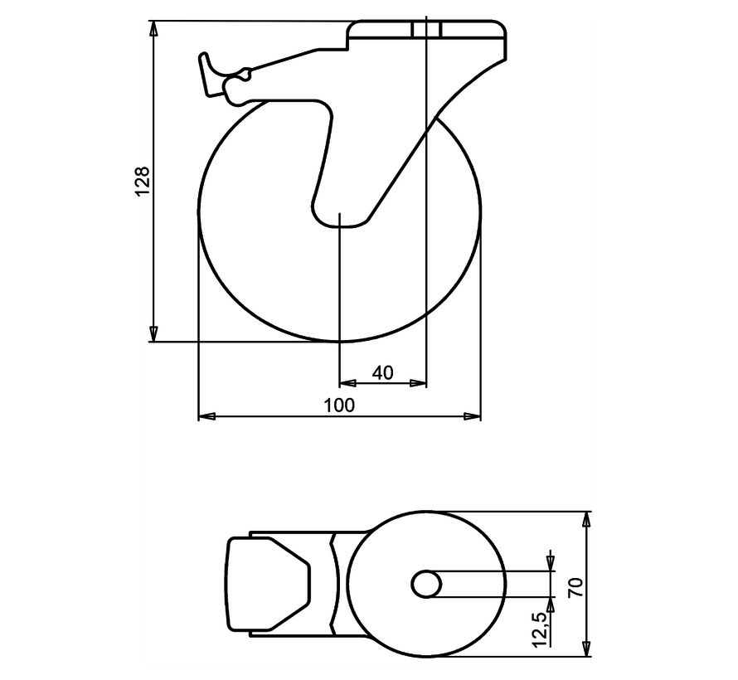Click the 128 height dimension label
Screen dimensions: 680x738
tap(142, 181)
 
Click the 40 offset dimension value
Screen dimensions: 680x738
tap(382, 373)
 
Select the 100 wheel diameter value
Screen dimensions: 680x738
tap(340, 405)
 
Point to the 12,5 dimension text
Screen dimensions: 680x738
tap(540, 628)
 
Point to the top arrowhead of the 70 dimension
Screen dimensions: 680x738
tap(587, 520)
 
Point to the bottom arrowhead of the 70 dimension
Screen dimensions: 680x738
tap(587, 648)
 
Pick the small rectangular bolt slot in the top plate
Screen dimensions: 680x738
tap(426, 30)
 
